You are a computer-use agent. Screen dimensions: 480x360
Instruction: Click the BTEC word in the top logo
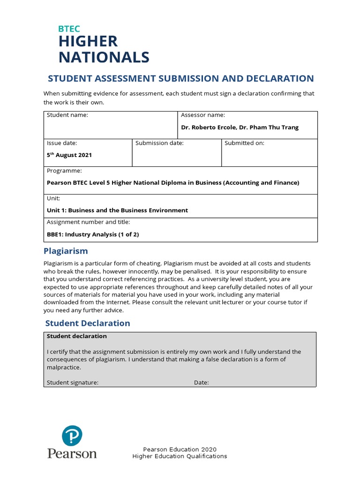(x=69, y=29)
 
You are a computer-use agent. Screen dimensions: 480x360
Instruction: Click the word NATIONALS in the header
(x=104, y=57)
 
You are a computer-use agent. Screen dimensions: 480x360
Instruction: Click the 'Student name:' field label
(x=67, y=115)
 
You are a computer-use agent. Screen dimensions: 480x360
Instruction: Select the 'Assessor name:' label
(x=203, y=115)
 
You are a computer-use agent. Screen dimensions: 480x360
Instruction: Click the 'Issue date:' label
(x=62, y=143)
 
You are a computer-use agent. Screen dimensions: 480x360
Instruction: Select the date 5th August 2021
(x=69, y=155)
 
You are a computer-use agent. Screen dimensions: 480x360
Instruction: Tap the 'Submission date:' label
(x=159, y=143)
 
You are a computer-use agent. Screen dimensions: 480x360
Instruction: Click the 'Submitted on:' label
(x=244, y=143)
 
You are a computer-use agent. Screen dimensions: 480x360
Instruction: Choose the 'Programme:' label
(x=64, y=171)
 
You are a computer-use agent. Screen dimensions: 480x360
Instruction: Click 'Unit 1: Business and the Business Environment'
(x=117, y=210)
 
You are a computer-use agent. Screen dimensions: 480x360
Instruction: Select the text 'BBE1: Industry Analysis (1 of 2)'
(x=93, y=234)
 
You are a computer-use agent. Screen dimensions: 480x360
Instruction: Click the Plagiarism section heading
(x=66, y=251)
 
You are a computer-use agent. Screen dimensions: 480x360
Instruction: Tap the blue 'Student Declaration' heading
(x=88, y=323)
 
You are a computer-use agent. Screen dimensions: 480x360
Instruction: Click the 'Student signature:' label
(x=73, y=382)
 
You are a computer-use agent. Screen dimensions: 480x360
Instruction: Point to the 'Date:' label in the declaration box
(x=202, y=382)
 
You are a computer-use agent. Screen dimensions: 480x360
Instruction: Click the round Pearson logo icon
(x=72, y=435)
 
